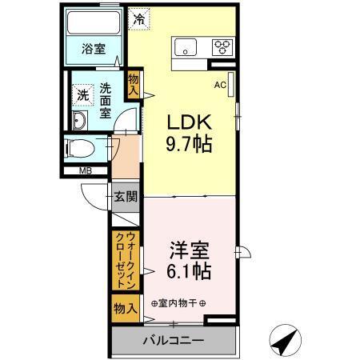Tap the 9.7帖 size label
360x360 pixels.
point(189,146)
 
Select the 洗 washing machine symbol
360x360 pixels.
point(82,94)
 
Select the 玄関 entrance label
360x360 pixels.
point(123,197)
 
